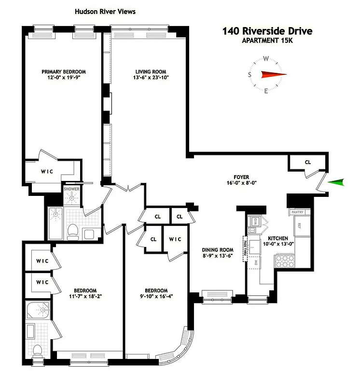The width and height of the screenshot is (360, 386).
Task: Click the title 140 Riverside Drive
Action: pos(267,31)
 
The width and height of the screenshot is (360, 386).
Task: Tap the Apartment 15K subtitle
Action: pos(267,41)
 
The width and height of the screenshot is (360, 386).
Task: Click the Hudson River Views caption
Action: pos(105,11)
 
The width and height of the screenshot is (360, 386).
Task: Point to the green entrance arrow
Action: pos(336,182)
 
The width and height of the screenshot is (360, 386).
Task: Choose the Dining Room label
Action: pos(217,249)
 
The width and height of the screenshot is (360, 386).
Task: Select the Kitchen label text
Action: pos(279,238)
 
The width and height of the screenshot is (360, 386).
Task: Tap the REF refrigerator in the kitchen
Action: pos(299,226)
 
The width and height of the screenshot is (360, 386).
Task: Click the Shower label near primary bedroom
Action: pos(71,189)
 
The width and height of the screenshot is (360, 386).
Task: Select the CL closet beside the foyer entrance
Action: pos(308,162)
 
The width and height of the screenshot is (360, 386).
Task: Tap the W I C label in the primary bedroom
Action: pos(47,171)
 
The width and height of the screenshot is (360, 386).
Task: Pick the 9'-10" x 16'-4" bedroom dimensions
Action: pos(155,297)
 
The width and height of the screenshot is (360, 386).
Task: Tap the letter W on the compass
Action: pos(266,59)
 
